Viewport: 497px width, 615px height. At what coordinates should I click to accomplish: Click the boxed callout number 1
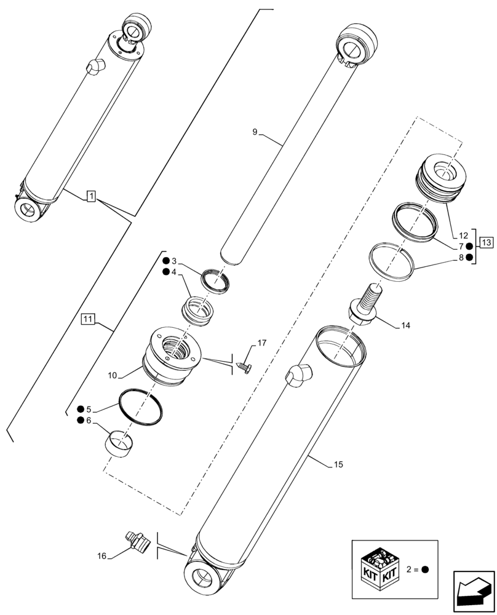coord(90,196)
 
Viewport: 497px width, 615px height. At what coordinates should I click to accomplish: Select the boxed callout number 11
coord(88,319)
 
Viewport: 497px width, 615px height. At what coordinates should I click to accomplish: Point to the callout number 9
coord(255,131)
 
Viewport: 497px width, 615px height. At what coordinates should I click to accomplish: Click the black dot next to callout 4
coord(167,272)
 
